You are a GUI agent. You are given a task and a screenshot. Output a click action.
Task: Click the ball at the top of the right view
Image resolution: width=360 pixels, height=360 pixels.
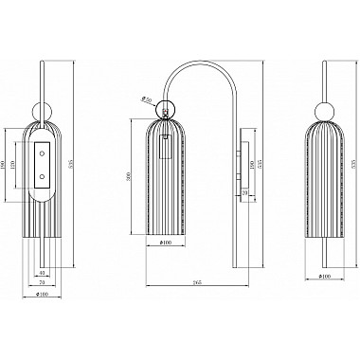click(325, 106)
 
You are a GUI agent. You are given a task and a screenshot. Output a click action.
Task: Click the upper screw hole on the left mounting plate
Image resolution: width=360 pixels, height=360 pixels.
click(42, 153)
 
